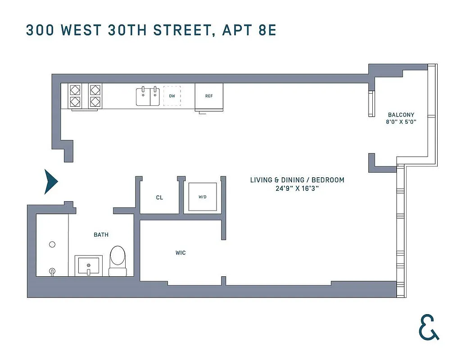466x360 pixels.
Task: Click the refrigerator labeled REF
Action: coord(209,96)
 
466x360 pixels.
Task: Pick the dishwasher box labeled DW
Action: coord(172,96)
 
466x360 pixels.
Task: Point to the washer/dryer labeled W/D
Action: coord(203,197)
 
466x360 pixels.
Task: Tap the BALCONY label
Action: coord(401,115)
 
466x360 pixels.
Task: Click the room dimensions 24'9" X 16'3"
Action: coord(297,189)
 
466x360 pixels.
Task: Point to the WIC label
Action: coord(181,253)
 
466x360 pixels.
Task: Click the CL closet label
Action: coord(159,198)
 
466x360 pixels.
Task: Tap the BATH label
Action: coord(101,235)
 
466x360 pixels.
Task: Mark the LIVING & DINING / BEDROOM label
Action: coord(297,180)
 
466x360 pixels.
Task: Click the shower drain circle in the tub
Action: coord(52,244)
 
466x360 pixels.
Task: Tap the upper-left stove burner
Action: coord(75,89)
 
